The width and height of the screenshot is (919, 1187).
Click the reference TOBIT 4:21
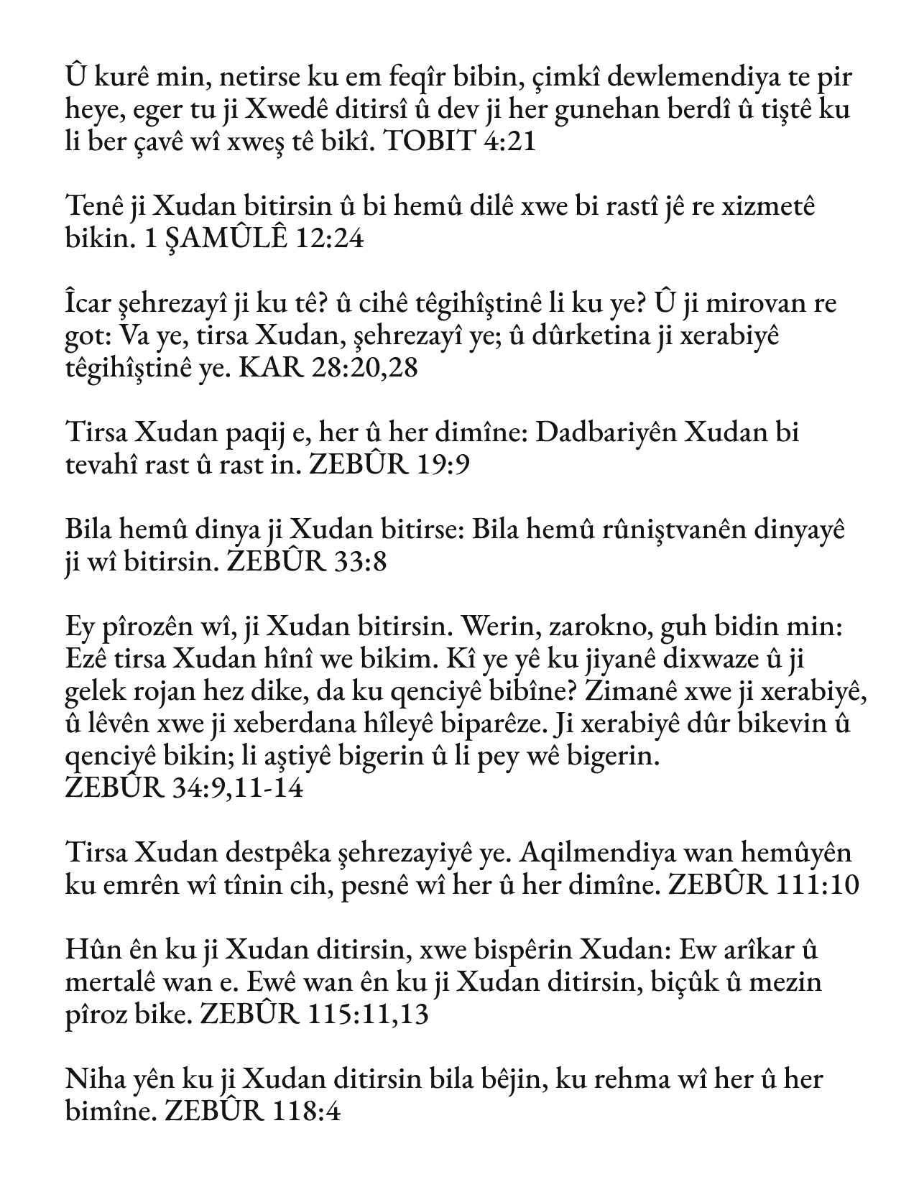461,141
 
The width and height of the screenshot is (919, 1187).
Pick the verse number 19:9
443,466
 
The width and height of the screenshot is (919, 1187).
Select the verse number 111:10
818,885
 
